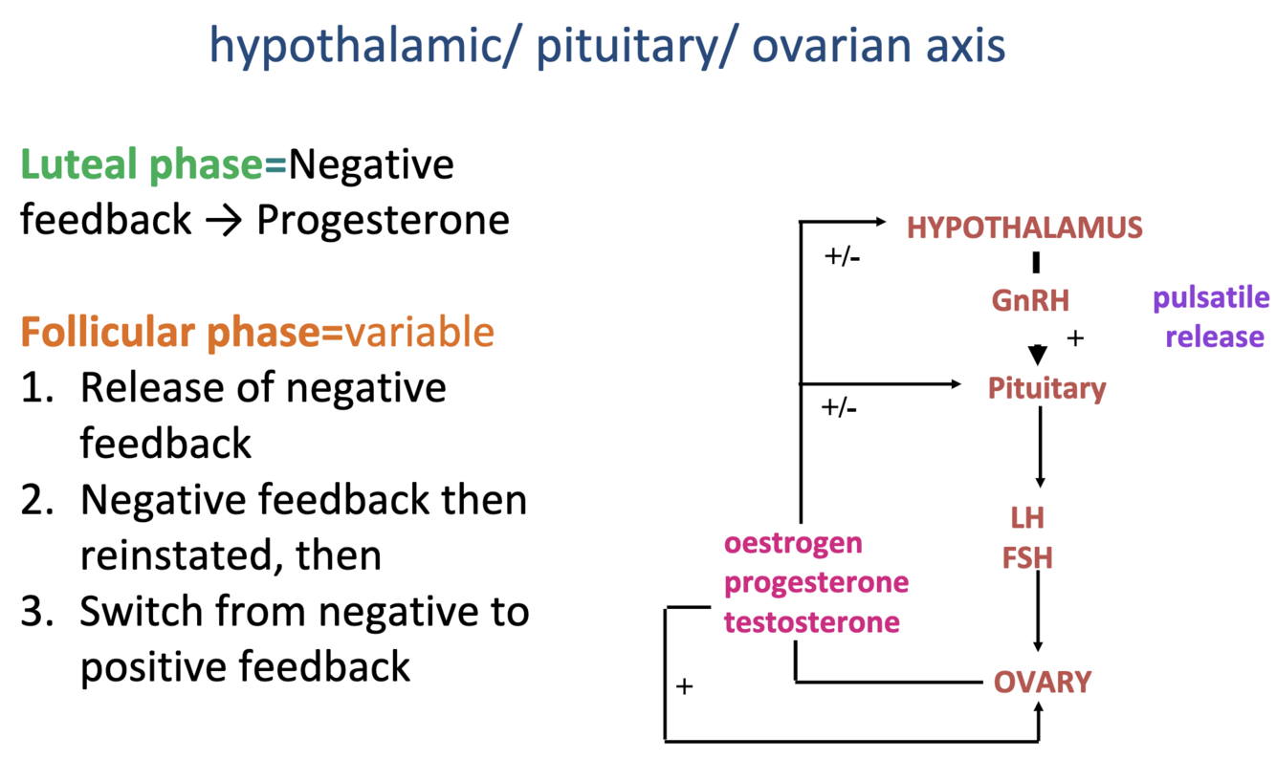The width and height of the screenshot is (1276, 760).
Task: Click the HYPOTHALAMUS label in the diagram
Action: point(1024,228)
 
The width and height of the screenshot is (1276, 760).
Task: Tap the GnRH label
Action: point(1030,300)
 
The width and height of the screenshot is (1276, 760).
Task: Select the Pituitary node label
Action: point(1046,388)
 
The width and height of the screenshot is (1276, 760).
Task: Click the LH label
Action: point(1027,518)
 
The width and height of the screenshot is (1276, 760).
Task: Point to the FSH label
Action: point(1027,557)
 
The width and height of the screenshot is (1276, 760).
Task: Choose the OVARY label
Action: point(1043,683)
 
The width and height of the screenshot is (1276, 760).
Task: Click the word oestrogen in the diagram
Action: point(793,543)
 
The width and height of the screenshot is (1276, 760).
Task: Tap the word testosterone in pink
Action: point(811,622)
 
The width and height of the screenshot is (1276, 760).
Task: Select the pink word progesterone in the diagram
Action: point(816,582)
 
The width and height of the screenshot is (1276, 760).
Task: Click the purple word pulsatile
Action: point(1211,297)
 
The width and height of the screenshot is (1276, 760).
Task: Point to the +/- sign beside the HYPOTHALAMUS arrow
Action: point(842,257)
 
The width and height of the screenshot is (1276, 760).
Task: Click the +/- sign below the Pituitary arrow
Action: point(839,408)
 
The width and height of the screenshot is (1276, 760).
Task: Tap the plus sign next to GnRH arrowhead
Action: point(1075,338)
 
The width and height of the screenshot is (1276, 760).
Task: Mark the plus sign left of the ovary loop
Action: point(684,686)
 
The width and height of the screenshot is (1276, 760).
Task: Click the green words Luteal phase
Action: point(142,165)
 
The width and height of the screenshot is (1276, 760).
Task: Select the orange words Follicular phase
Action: point(170,332)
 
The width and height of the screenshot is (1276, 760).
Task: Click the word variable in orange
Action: point(420,332)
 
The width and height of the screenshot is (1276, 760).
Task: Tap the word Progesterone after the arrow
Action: point(383,221)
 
